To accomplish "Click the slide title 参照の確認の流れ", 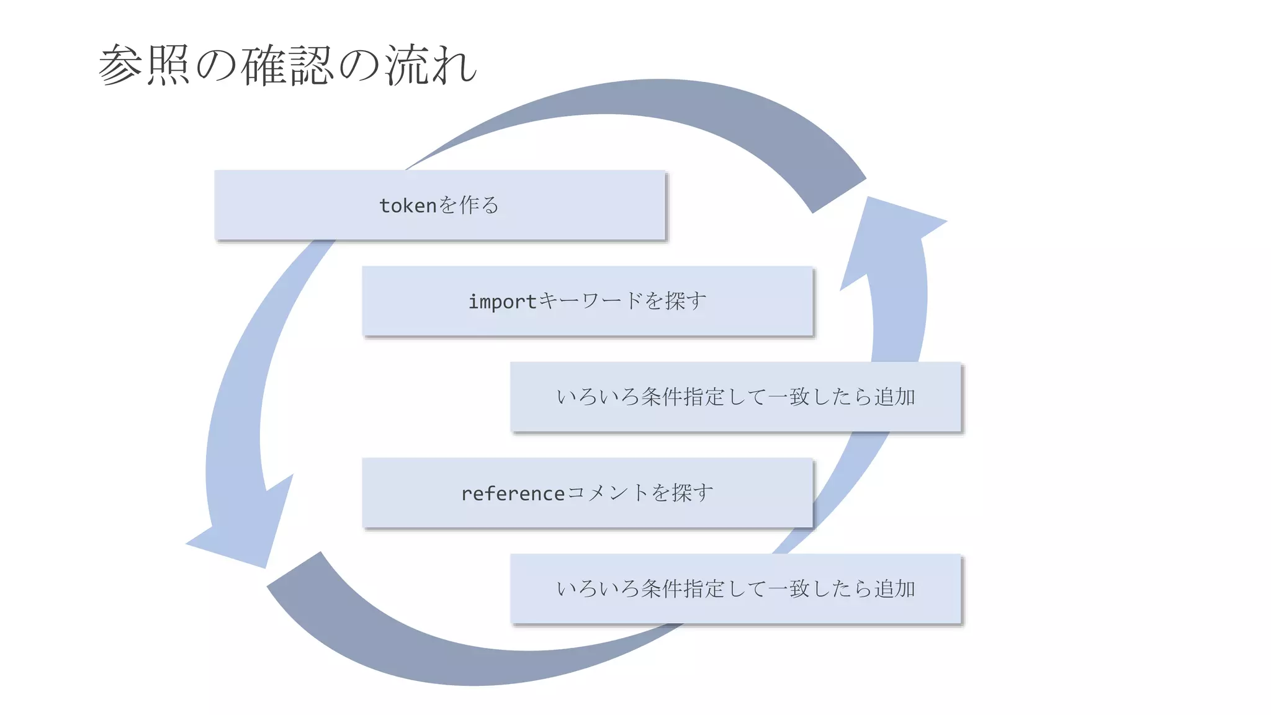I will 287,65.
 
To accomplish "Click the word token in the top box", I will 408,205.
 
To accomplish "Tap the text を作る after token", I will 469,205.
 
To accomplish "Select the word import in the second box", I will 501,302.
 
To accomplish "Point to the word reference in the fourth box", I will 513,493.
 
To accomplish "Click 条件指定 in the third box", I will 683,397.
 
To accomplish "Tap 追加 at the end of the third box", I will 895,397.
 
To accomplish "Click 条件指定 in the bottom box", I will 683,588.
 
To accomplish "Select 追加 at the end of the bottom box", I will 895,588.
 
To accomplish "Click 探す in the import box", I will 686,301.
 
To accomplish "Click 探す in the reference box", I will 693,493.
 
